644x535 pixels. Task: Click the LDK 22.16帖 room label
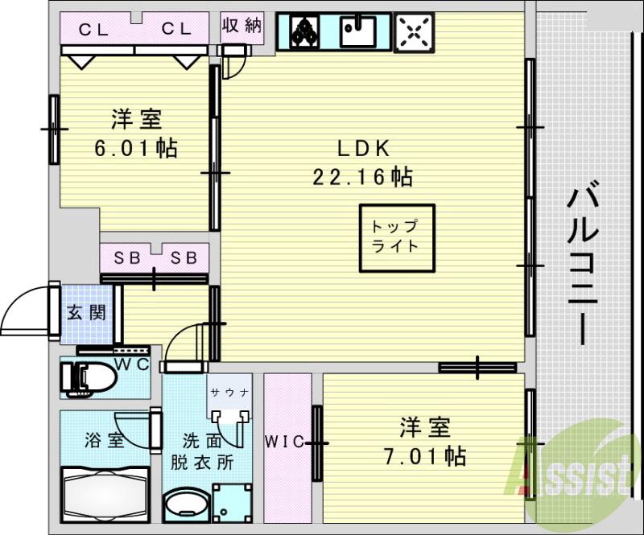[363, 161]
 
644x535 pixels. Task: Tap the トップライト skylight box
[394, 236]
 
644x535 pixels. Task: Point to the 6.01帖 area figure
[136, 148]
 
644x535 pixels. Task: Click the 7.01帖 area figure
[423, 457]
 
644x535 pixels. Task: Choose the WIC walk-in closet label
[283, 441]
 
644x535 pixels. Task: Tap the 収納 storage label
[242, 26]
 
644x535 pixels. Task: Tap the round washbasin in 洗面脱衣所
[184, 508]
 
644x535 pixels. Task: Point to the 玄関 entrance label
[86, 312]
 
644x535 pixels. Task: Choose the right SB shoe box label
[184, 258]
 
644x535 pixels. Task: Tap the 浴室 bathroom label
[104, 440]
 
